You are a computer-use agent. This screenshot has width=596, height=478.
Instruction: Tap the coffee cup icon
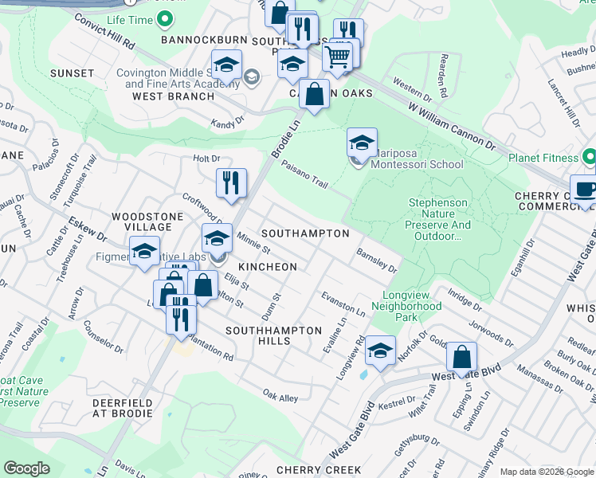point(584,190)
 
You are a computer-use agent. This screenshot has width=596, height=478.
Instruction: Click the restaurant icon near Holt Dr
point(231,183)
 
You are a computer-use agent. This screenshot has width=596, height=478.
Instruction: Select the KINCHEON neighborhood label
point(266,267)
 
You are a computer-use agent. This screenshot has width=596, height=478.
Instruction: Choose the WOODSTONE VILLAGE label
point(142,222)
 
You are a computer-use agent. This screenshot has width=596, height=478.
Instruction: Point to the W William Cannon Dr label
point(452,127)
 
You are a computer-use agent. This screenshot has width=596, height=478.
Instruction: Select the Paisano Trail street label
point(304,174)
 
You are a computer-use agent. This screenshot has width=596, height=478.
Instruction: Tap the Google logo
point(26,468)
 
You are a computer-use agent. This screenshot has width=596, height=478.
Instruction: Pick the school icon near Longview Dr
point(380,351)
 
